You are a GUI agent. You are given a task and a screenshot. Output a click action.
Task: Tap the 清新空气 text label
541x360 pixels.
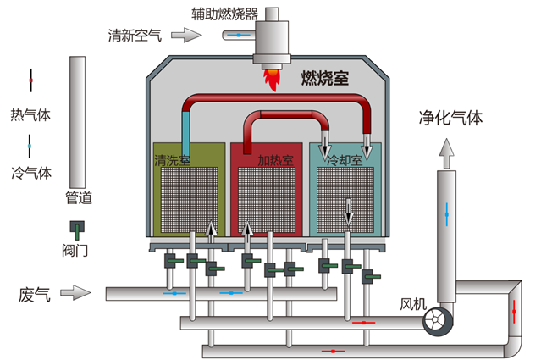click(135, 36)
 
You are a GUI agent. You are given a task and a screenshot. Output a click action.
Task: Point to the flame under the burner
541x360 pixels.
click(273, 80)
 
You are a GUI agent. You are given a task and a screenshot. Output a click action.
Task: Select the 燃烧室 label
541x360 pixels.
click(326, 80)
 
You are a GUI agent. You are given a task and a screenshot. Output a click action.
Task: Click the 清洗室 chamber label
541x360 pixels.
click(172, 159)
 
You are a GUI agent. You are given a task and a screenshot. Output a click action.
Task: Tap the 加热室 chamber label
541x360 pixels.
click(275, 159)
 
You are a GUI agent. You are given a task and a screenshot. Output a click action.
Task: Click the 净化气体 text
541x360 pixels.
click(450, 118)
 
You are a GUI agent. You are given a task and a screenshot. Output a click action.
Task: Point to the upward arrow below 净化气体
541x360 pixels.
click(447, 152)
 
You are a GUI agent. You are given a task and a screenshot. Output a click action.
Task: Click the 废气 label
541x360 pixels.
click(35, 295)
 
